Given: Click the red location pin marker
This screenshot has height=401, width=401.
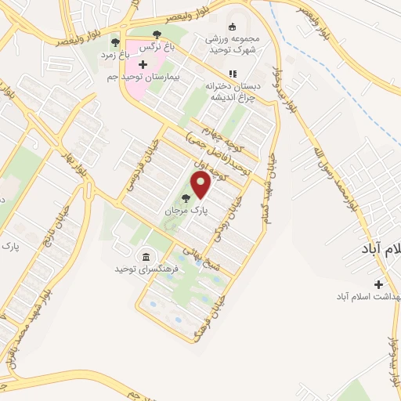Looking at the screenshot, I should click(201, 186).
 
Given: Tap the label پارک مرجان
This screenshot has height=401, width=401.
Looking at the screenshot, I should click(182, 211).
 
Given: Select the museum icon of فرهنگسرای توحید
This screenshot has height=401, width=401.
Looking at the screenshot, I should click(146, 257).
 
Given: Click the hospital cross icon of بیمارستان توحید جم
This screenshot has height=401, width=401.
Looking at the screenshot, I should click(142, 64).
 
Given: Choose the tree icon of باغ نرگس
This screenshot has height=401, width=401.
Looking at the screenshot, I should click(157, 34).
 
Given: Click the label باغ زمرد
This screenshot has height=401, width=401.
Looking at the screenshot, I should click(114, 56).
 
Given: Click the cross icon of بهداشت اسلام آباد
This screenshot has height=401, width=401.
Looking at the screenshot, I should click(379, 284).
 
